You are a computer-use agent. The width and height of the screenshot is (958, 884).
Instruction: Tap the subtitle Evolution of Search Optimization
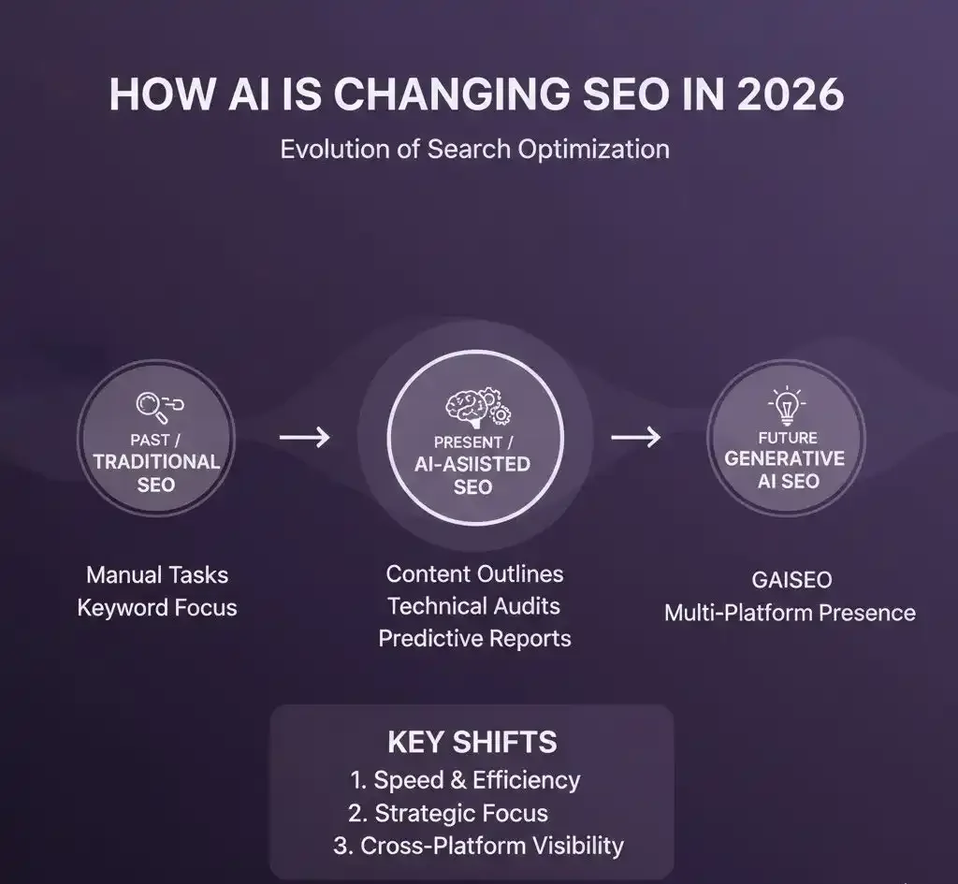[x=475, y=149]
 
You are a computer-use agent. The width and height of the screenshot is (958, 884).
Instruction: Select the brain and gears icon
[x=475, y=408]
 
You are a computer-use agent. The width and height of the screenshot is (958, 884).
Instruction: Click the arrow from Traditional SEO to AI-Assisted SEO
[x=305, y=436]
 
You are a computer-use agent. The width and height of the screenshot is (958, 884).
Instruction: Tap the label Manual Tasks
[x=156, y=574]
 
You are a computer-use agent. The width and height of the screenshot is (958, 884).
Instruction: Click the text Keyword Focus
[x=156, y=607]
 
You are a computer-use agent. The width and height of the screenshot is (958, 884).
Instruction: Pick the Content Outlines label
[x=475, y=573]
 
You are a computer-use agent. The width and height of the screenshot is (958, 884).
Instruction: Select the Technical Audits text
[x=474, y=606]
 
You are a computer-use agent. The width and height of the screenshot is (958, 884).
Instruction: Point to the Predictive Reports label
[x=474, y=639]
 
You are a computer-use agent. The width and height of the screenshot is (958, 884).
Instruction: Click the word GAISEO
[x=791, y=580]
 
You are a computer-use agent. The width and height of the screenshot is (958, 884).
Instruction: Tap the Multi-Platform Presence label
[x=790, y=613]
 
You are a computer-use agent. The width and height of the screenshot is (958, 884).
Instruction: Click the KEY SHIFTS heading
[x=472, y=742]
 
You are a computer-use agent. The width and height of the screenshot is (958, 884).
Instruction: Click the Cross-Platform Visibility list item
[x=478, y=846]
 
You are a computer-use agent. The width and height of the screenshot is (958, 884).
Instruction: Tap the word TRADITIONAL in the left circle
[x=156, y=461]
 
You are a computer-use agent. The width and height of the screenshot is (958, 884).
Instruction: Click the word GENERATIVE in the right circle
[x=785, y=458]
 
